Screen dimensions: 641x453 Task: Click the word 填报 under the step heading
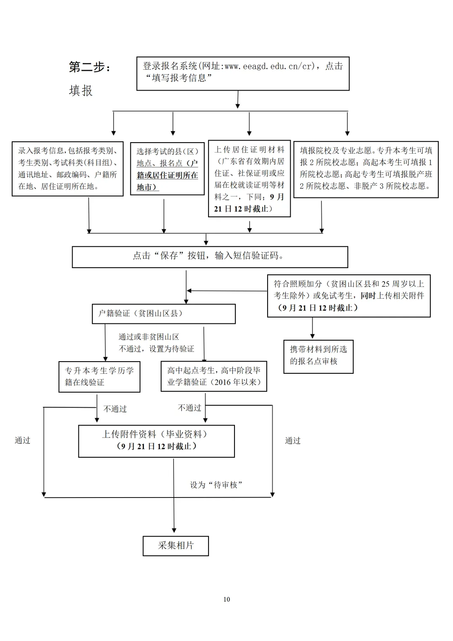[81, 91]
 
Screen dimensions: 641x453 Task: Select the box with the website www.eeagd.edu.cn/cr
[243, 74]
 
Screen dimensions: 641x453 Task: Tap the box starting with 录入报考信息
[68, 169]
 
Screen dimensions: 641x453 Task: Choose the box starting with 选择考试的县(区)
[167, 169]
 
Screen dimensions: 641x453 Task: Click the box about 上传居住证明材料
[249, 179]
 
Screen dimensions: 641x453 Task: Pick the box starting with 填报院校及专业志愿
[366, 169]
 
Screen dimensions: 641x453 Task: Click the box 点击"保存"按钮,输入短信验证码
[210, 256]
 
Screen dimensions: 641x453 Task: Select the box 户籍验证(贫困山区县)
[164, 314]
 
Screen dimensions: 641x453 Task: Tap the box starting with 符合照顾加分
[349, 296]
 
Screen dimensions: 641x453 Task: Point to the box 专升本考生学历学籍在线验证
[99, 377]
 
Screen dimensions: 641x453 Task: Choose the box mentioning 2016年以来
[214, 377]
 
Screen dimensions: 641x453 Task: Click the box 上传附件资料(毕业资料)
[156, 440]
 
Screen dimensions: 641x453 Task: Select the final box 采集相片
[176, 546]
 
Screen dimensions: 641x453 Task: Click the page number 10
[226, 599]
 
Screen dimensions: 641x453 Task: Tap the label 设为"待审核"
[216, 485]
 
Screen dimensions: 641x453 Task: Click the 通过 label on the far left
[23, 440]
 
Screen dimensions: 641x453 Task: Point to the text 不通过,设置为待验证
[156, 349]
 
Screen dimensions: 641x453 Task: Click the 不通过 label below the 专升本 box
[115, 409]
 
